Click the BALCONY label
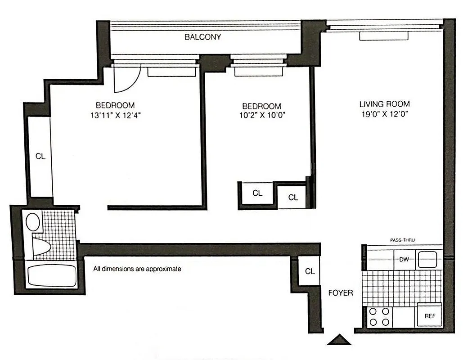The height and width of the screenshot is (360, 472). coord(202,37)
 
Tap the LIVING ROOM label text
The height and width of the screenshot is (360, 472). coord(384,104)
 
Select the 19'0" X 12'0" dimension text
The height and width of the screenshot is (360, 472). coord(384,114)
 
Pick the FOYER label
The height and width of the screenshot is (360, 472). coord(341,292)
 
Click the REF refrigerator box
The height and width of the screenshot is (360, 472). coord(430,316)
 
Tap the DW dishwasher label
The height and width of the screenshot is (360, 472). coord(404,259)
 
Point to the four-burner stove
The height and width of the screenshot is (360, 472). coord(379,317)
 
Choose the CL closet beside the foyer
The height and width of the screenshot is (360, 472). coord(310,271)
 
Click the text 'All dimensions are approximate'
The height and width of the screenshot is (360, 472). coord(137,269)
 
